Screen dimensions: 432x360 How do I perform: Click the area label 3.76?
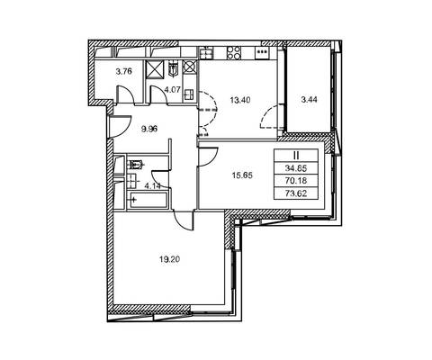point(124,71)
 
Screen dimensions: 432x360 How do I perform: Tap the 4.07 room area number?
point(172,89)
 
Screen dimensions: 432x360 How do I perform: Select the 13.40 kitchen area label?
point(240,100)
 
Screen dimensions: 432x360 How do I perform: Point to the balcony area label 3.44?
point(309,100)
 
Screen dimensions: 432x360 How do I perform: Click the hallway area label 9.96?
point(149,130)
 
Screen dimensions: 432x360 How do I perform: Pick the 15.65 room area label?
point(242,175)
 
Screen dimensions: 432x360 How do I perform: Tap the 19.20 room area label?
point(170,259)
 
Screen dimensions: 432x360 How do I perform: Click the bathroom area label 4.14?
point(153,186)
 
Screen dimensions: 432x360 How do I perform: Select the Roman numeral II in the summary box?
point(296,156)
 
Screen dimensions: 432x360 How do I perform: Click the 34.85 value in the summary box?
point(296,168)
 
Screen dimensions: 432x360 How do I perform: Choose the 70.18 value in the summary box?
point(296,181)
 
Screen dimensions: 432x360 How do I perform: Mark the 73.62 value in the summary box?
point(296,193)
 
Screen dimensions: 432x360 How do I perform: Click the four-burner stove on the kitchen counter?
point(233,53)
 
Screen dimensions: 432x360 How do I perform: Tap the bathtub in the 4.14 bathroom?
point(148,200)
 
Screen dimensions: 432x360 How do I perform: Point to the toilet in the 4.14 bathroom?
point(137,164)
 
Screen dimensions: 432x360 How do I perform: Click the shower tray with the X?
point(156,68)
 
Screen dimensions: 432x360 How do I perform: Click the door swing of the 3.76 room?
point(125,94)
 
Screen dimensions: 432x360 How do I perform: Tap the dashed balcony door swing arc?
point(269,116)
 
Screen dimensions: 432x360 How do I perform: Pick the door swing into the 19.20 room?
point(184,220)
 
